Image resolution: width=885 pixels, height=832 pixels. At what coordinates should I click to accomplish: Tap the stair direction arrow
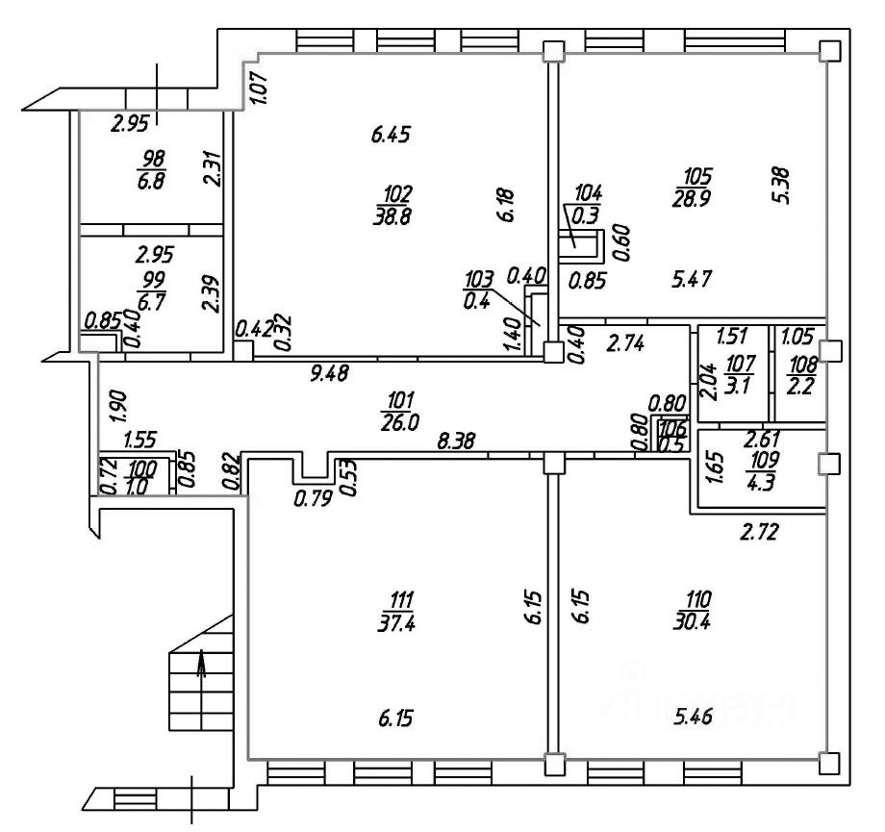[201, 667]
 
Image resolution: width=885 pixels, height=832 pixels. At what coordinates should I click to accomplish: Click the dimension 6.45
[392, 133]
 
